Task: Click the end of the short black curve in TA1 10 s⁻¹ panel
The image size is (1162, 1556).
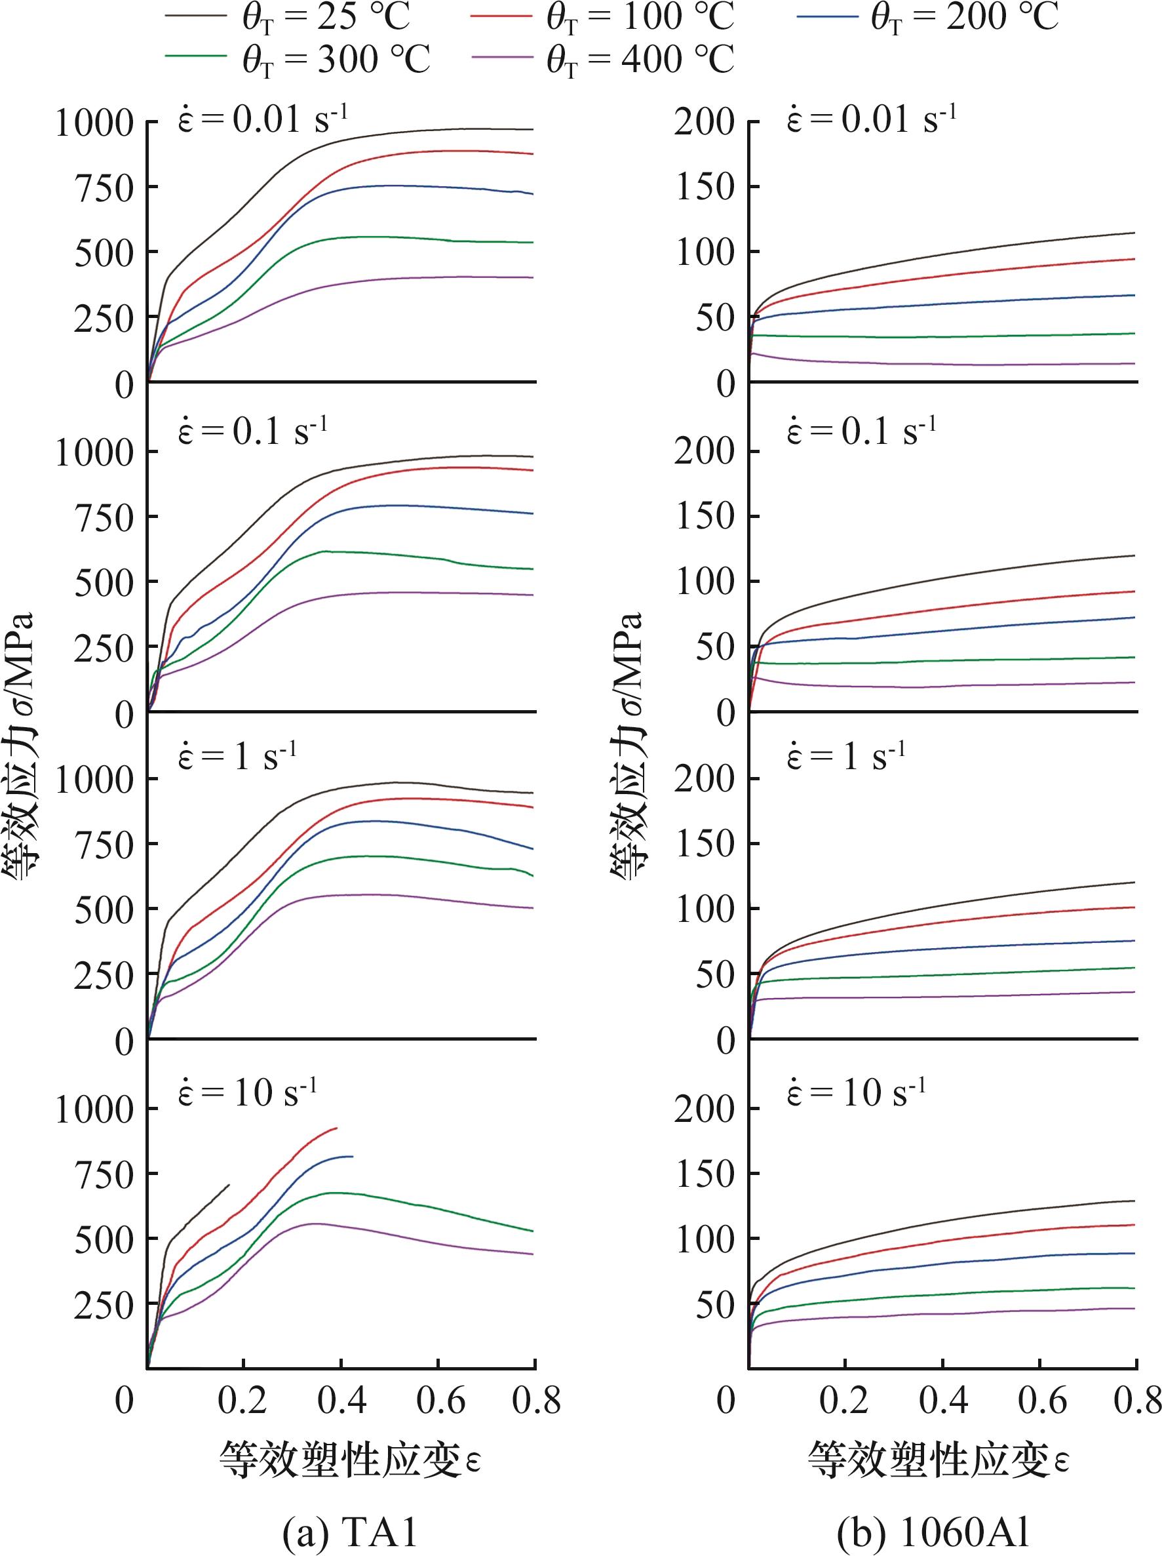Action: pos(229,1185)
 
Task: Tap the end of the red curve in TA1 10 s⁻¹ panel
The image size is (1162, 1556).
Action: pos(338,1128)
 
